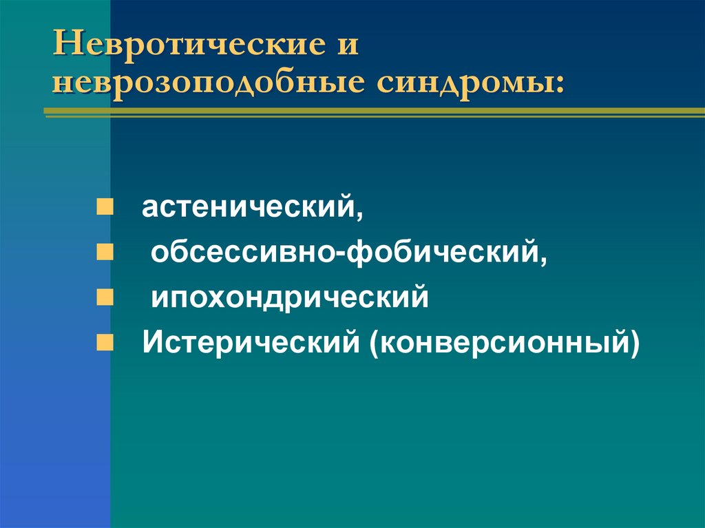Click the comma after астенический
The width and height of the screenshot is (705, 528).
pyautogui.click(x=359, y=214)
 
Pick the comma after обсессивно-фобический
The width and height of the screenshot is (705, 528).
pyautogui.click(x=545, y=260)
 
